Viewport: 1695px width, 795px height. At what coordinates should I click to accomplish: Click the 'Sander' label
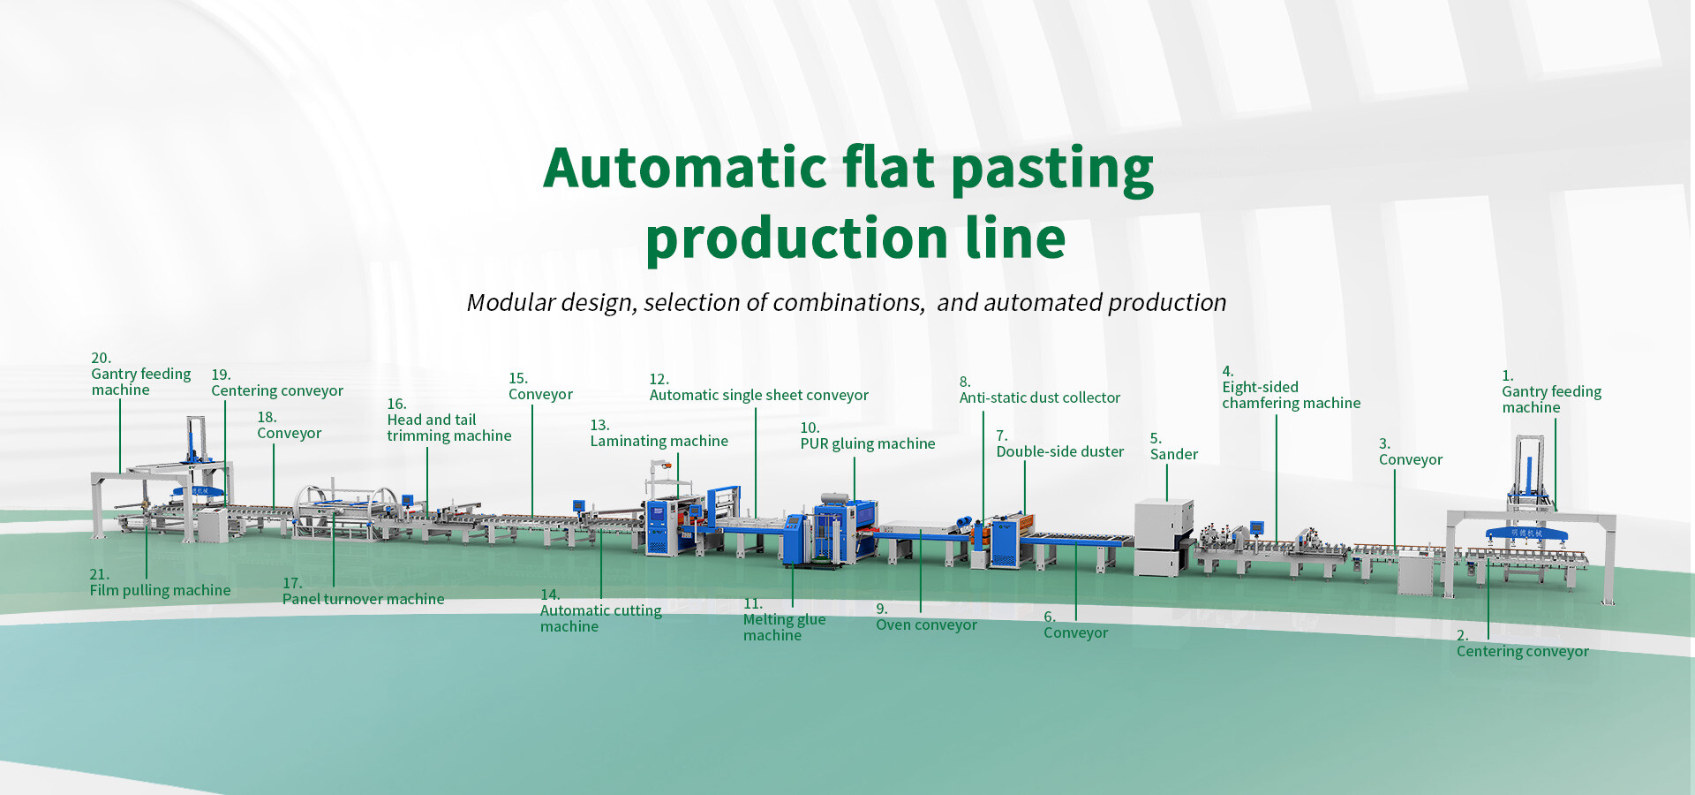[1173, 454]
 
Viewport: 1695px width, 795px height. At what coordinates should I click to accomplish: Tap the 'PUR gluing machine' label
[867, 443]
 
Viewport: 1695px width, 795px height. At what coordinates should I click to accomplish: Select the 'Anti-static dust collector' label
[1039, 397]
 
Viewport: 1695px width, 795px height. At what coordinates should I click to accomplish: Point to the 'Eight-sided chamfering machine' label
[1291, 395]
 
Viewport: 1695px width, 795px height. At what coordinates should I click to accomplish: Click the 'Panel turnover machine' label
[363, 599]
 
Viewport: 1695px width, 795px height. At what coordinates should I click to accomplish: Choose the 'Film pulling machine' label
[160, 590]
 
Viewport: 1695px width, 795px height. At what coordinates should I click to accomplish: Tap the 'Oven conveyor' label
[926, 625]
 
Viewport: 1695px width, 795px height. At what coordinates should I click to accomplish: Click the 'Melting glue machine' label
[784, 627]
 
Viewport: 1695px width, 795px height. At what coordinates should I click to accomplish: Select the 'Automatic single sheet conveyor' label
[758, 395]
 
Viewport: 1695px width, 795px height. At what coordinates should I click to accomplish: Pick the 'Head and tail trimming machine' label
[448, 428]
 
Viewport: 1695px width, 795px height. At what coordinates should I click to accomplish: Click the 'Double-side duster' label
[1059, 451]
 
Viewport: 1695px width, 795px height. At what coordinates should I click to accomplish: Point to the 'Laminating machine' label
[659, 441]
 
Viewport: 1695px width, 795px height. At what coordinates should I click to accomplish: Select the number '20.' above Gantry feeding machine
[101, 358]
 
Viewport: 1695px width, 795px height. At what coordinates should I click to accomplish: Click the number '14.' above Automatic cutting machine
[550, 594]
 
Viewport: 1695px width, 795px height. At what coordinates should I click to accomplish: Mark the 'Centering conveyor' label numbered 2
[1522, 651]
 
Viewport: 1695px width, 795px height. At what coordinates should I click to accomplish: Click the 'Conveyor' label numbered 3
[1410, 459]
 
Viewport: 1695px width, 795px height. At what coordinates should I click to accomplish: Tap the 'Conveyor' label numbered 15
[540, 394]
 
